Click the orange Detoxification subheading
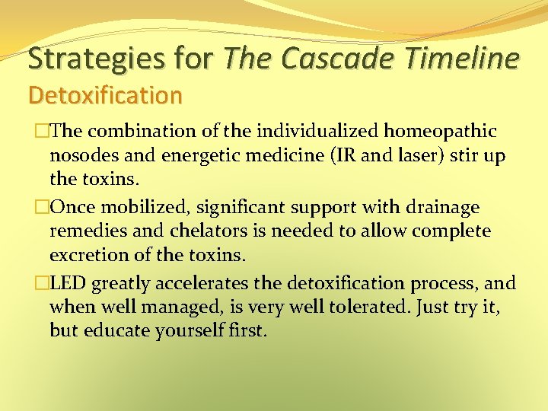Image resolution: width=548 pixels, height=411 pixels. (105, 95)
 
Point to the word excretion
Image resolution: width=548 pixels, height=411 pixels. (86, 255)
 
